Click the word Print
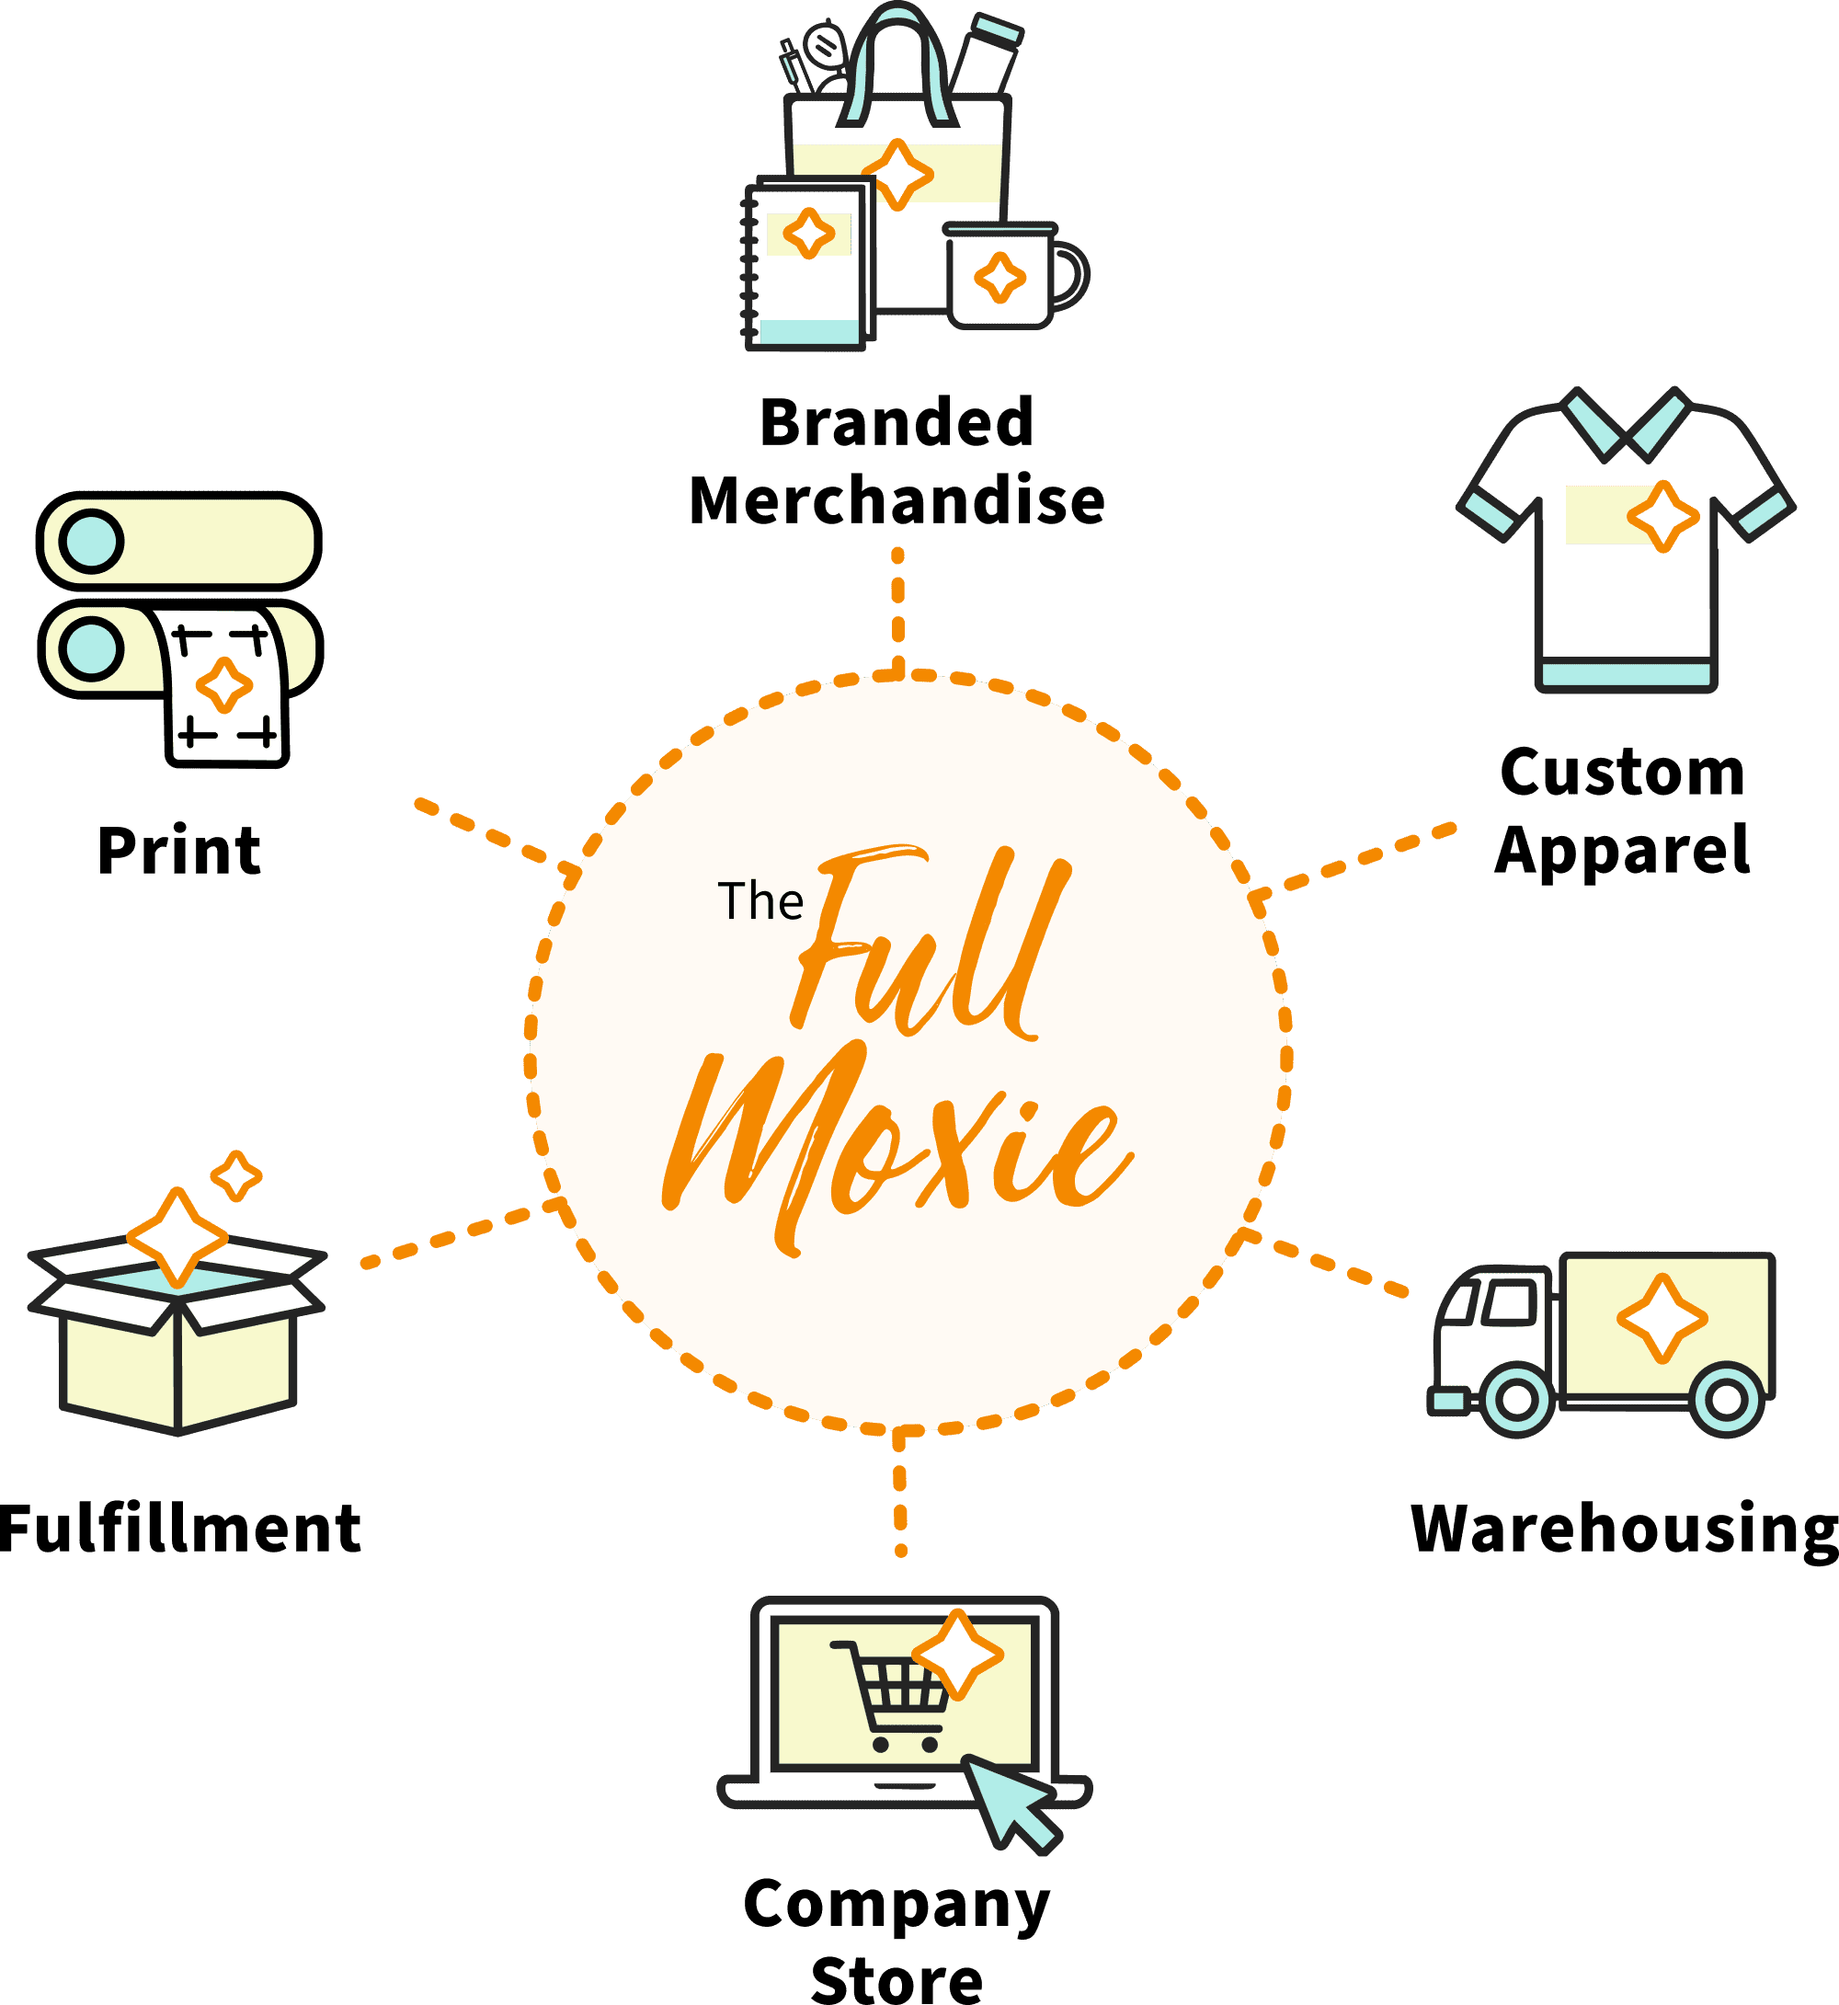click(179, 851)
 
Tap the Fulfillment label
click(180, 1530)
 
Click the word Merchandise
click(897, 499)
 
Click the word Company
click(897, 1904)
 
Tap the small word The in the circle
click(760, 901)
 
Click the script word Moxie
click(896, 1145)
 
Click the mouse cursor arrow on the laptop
click(1010, 1803)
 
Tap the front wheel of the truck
click(1516, 1399)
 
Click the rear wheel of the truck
click(1727, 1400)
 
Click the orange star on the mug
click(1000, 278)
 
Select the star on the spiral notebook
click(809, 234)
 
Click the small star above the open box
click(237, 1176)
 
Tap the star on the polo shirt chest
click(1662, 517)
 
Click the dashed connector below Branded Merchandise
click(897, 607)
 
